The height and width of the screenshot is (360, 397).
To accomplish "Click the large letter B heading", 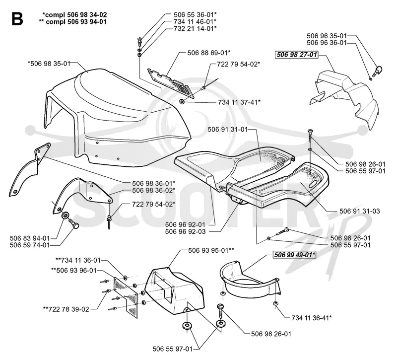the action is pos(17,19).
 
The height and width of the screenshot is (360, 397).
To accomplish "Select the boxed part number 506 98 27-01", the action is pos(296,55).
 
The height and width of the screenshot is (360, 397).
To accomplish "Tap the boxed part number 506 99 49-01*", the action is pos(295,255).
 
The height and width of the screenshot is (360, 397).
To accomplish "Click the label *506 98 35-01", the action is pos(49,64).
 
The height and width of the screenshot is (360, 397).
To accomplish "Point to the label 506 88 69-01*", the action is pos(209,53).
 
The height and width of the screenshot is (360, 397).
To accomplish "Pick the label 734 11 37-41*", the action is pos(239,102).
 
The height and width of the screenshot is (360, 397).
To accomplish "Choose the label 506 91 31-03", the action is pos(359,211).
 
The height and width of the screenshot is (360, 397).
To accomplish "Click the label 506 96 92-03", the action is pos(185,231).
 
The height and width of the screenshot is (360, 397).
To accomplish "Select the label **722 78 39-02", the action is pos(66,309).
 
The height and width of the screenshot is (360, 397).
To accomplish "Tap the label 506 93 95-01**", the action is pos(211,250).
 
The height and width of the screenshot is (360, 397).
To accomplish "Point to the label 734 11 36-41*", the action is pos(312,318).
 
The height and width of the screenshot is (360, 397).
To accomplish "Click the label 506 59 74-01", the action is pos(30,245).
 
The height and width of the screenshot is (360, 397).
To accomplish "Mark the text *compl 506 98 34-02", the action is pos(75,15).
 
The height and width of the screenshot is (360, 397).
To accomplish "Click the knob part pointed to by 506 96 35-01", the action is pos(378,70).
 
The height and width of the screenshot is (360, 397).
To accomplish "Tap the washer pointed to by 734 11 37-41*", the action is pos(182,102).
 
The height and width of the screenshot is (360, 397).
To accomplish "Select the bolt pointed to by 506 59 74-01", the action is pos(73,223).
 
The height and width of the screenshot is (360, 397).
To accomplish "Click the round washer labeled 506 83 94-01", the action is pos(65,215).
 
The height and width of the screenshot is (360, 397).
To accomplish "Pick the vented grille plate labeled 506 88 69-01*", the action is pos(171,83).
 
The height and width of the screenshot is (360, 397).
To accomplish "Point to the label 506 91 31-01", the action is pos(228,129).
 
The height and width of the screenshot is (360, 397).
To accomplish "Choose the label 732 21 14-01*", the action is pos(195,28).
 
